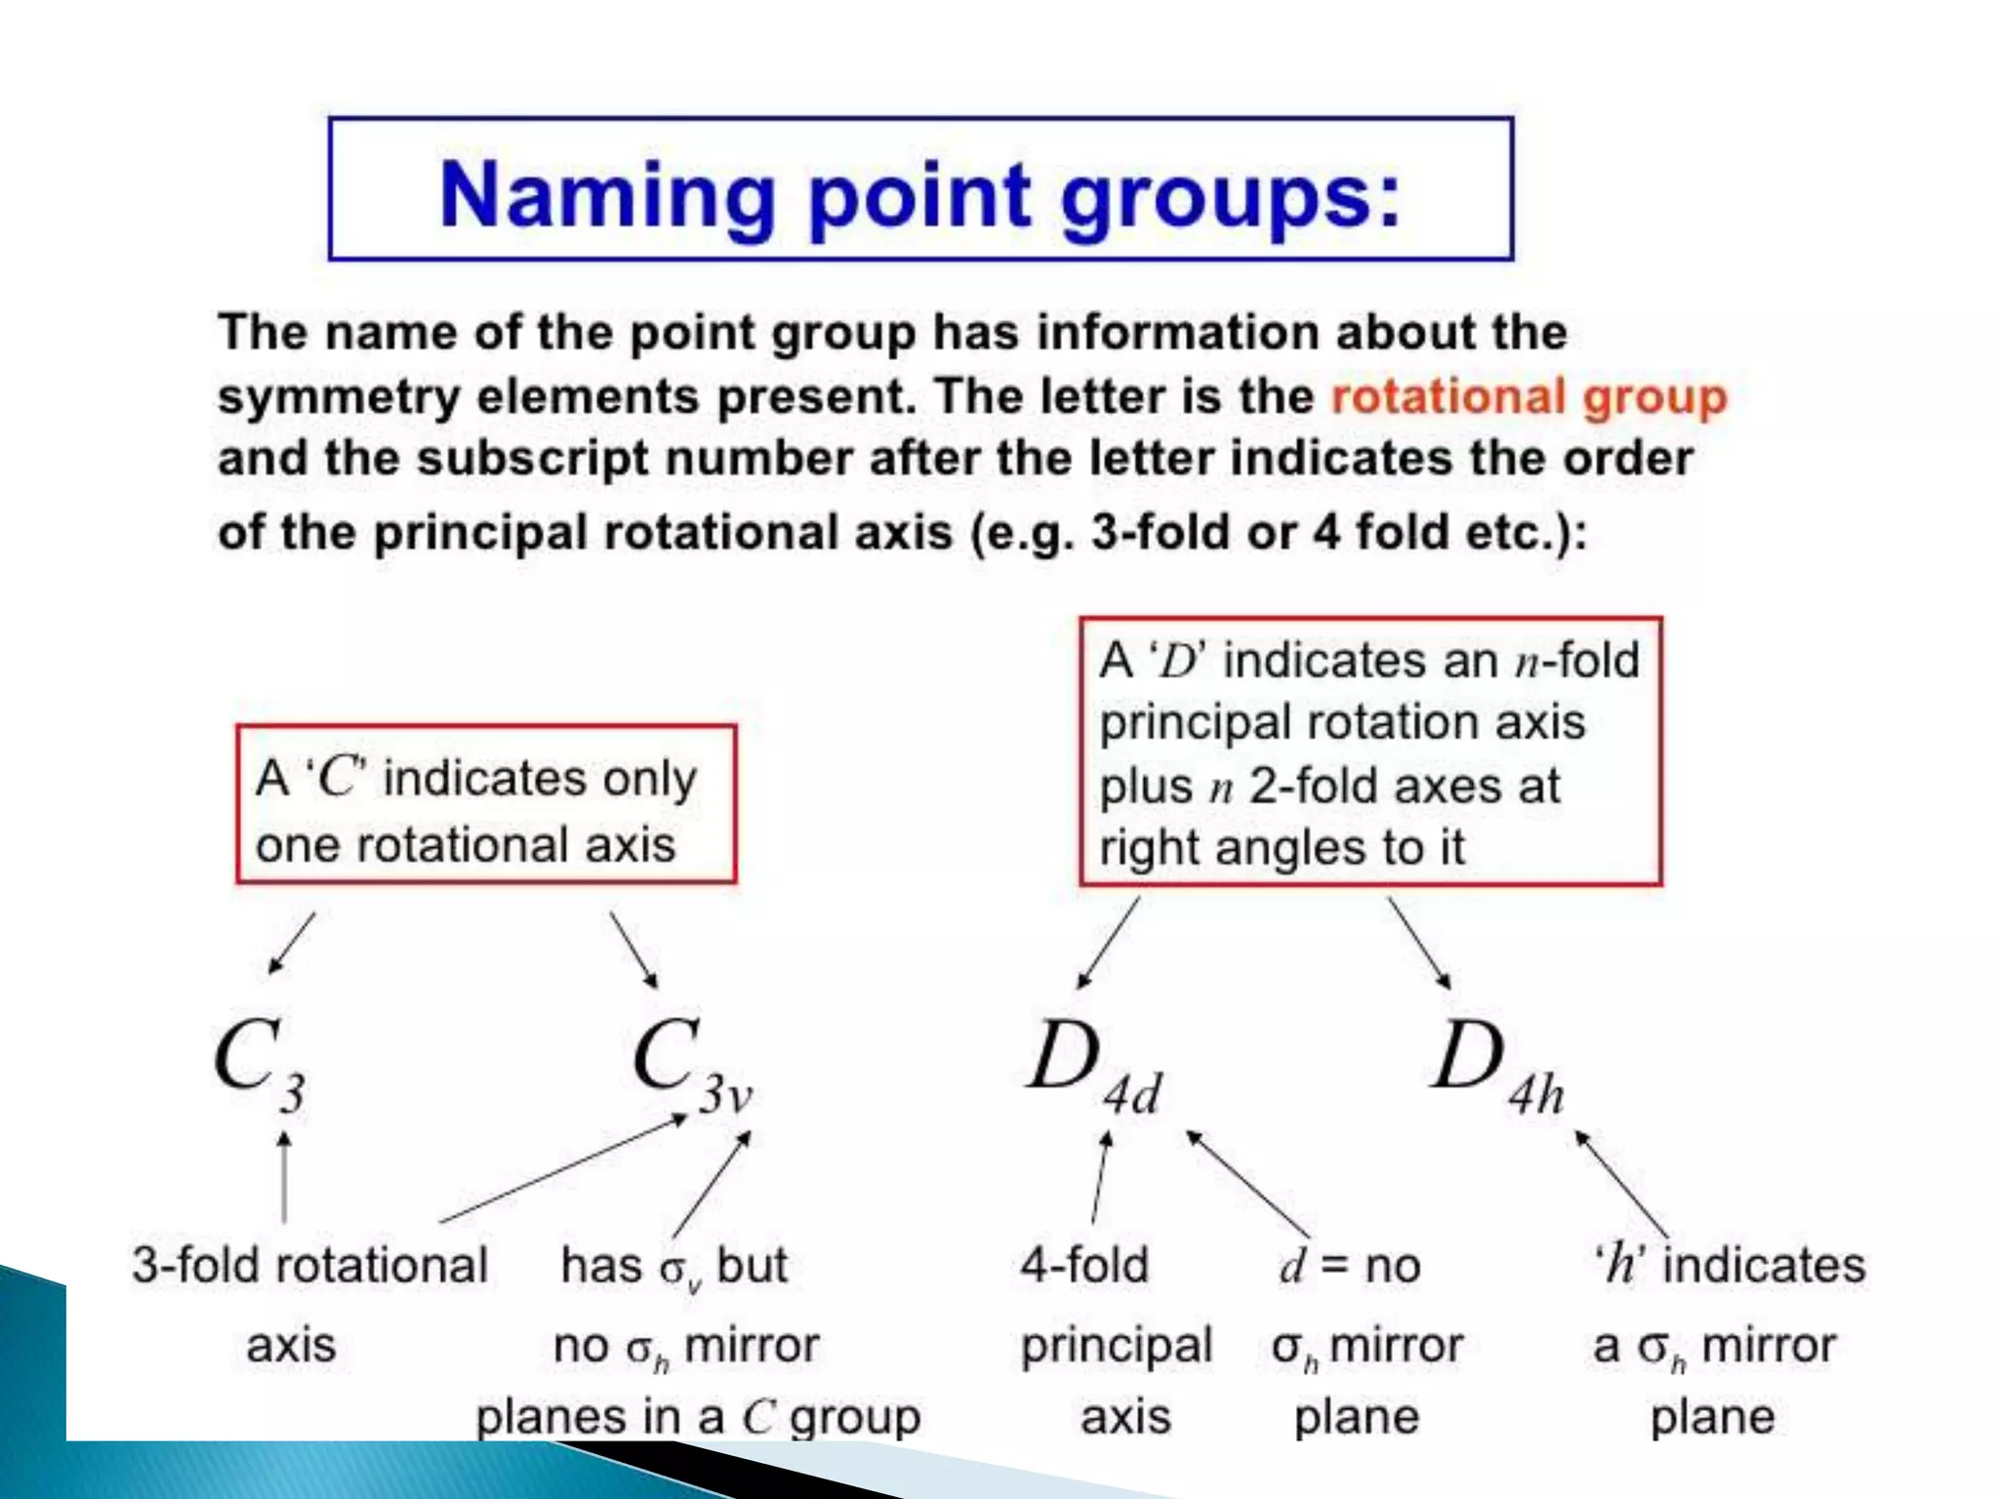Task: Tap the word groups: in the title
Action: pyautogui.click(x=1230, y=195)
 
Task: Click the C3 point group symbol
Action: pyautogui.click(x=260, y=1064)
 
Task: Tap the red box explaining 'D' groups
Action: pyautogui.click(x=1370, y=752)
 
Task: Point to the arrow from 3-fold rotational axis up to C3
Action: pyautogui.click(x=284, y=1176)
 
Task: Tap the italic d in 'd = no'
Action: pyautogui.click(x=1292, y=1266)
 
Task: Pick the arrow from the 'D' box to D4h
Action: pyautogui.click(x=1419, y=943)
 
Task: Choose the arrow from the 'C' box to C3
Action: pyautogui.click(x=292, y=943)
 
